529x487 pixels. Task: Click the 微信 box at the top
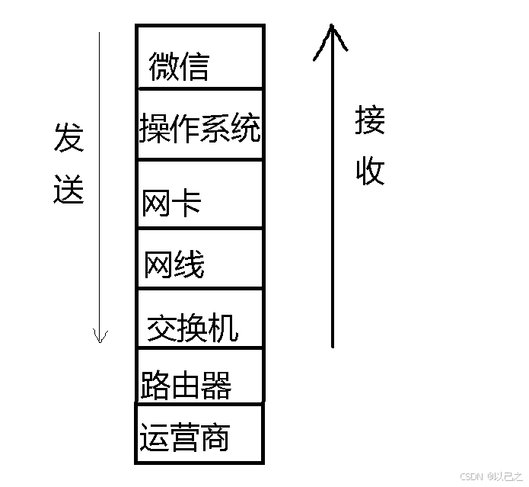coord(199,58)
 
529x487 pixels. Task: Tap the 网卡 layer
coord(199,195)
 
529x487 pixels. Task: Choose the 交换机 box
coord(199,319)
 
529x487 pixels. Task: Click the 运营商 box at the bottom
coord(199,434)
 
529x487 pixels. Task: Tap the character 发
coord(68,138)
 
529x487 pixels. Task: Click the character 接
coord(370,120)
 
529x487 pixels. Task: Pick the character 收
coord(370,171)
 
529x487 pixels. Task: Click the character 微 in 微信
coord(164,66)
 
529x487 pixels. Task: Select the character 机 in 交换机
coord(223,328)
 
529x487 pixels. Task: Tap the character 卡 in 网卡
coord(186,203)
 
